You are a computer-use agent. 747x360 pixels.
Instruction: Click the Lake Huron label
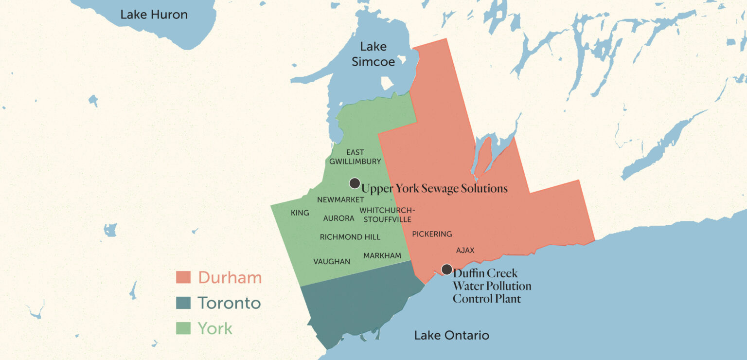click(154, 15)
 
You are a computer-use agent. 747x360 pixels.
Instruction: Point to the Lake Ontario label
click(451, 335)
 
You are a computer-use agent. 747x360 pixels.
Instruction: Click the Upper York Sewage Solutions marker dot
click(355, 183)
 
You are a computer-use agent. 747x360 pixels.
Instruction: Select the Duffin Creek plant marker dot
click(446, 269)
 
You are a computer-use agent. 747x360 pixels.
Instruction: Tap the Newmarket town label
click(340, 200)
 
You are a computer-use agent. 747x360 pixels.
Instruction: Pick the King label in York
click(300, 213)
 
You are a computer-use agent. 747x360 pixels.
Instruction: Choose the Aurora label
click(338, 218)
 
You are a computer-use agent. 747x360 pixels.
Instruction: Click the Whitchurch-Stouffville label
click(387, 215)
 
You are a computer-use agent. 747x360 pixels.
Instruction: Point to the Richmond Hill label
click(350, 237)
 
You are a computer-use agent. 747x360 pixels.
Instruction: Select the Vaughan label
click(331, 261)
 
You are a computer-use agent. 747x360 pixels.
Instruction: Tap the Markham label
click(382, 255)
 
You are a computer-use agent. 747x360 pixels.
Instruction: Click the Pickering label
click(432, 234)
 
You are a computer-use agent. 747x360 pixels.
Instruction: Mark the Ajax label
click(465, 250)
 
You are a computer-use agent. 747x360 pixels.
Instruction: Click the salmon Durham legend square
click(183, 277)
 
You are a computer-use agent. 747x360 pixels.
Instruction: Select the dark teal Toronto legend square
click(183, 303)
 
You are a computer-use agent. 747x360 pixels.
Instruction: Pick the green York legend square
click(183, 329)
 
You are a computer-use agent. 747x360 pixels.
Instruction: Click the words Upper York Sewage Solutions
click(434, 188)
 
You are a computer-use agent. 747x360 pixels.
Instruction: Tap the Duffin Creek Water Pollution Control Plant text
click(491, 286)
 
